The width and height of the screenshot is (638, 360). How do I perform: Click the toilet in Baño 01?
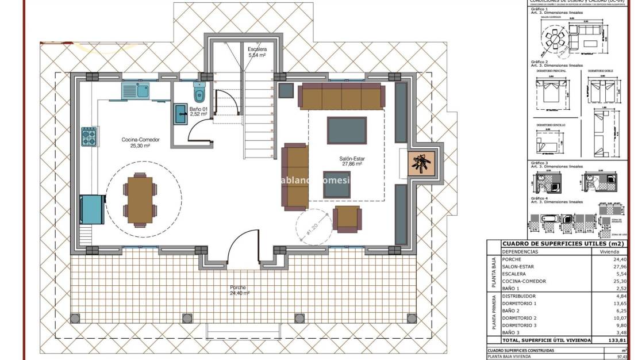199,93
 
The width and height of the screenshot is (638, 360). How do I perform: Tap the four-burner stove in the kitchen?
89,137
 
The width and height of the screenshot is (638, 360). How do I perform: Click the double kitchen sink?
136,90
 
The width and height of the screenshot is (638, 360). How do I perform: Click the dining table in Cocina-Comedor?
140,200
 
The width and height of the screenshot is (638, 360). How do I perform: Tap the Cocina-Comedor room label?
140,143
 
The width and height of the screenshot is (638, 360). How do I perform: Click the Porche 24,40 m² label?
238,290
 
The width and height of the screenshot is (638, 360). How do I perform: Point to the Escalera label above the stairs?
256,52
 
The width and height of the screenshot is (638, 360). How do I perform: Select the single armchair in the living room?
348,219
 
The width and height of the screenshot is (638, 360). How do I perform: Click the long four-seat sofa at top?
341,97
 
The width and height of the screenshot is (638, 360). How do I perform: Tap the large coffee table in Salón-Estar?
347,130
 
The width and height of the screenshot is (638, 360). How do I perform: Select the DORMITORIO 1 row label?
520,303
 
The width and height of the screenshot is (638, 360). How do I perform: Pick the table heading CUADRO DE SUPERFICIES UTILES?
555,243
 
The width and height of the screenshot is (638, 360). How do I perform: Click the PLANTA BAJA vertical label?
494,274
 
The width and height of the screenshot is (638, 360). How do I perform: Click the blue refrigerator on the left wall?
92,209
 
